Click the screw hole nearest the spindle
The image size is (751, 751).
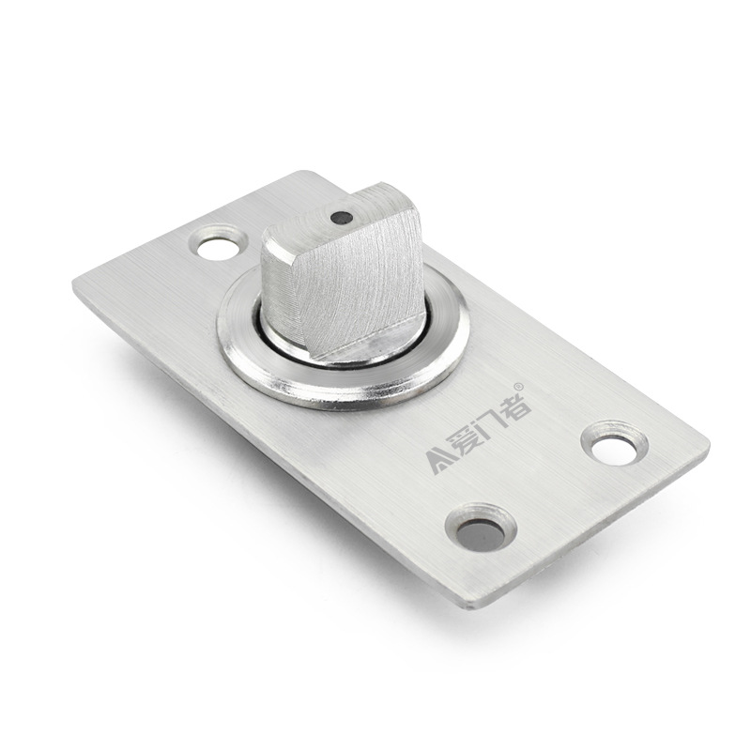[x=218, y=242]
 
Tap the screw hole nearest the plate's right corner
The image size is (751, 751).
[x=615, y=444]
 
